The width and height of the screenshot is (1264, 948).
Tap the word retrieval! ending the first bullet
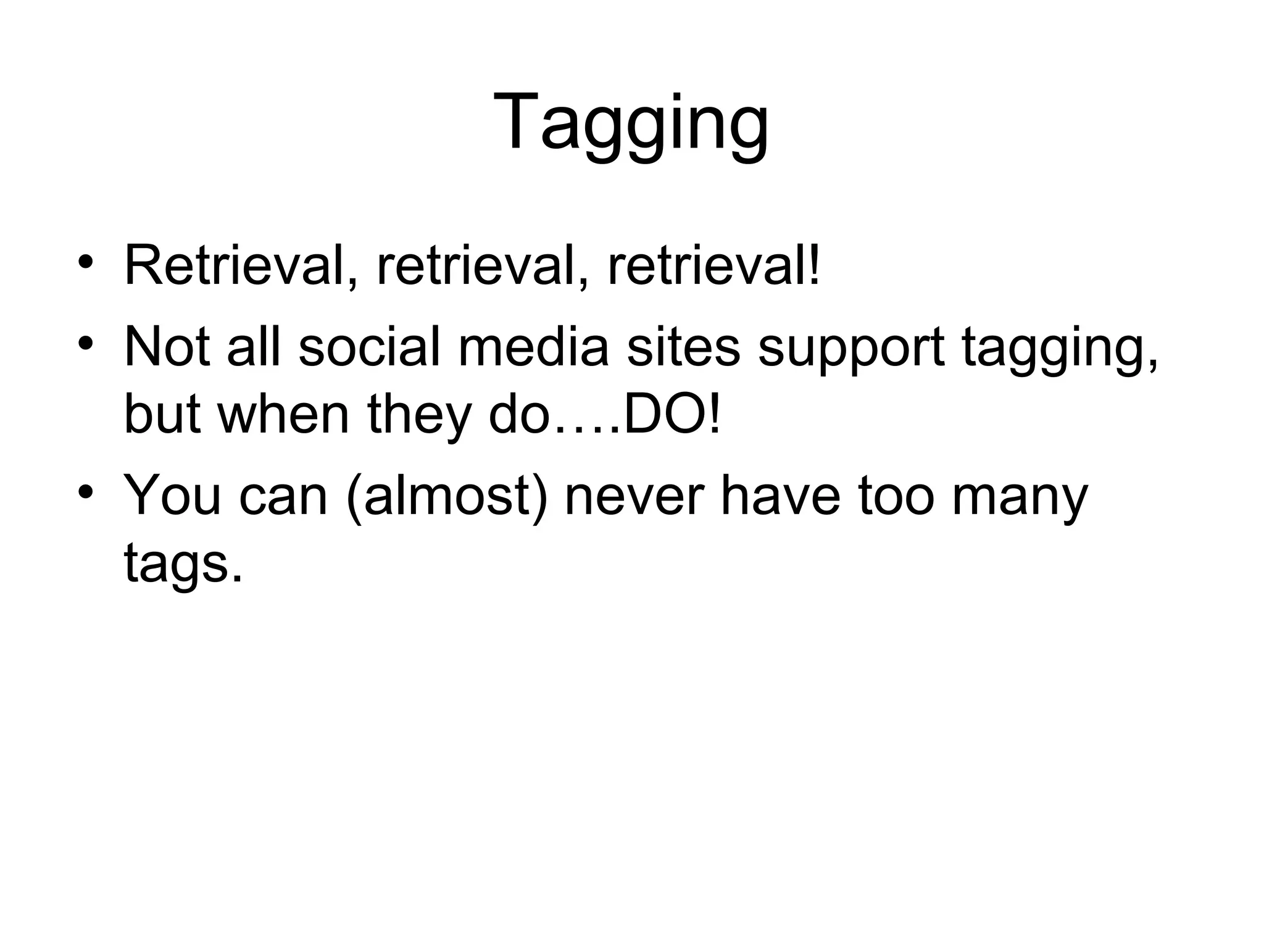coord(714,267)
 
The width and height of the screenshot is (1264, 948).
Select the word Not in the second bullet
coord(167,347)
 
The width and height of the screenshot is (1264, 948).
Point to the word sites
coord(683,347)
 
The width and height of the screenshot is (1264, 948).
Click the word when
coord(284,415)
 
